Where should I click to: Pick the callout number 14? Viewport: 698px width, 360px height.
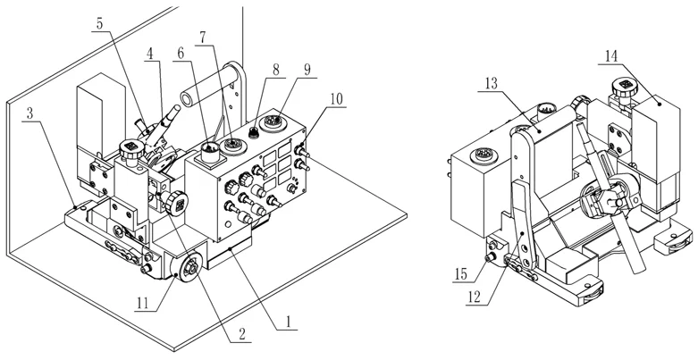pos(611,55)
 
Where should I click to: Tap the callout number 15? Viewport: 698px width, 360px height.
pos(462,271)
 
